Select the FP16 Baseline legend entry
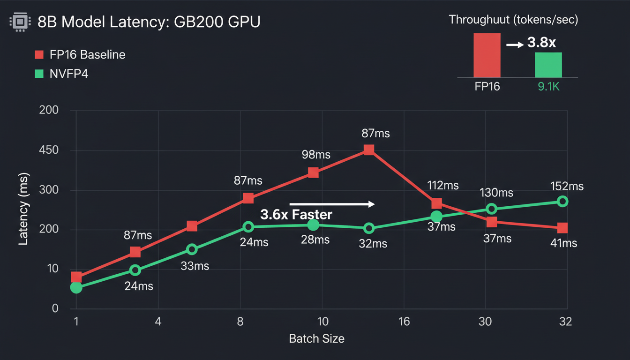80,54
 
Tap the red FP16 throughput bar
487,55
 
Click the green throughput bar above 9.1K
548,65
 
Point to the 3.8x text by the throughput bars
541,43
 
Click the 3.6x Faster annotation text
296,215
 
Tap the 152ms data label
567,186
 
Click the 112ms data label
443,185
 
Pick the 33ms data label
195,266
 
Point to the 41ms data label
562,243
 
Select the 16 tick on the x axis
404,322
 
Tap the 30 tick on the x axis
485,322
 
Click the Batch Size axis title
316,338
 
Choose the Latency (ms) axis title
23,209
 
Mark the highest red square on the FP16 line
369,150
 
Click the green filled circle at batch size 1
76,287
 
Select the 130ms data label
496,193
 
